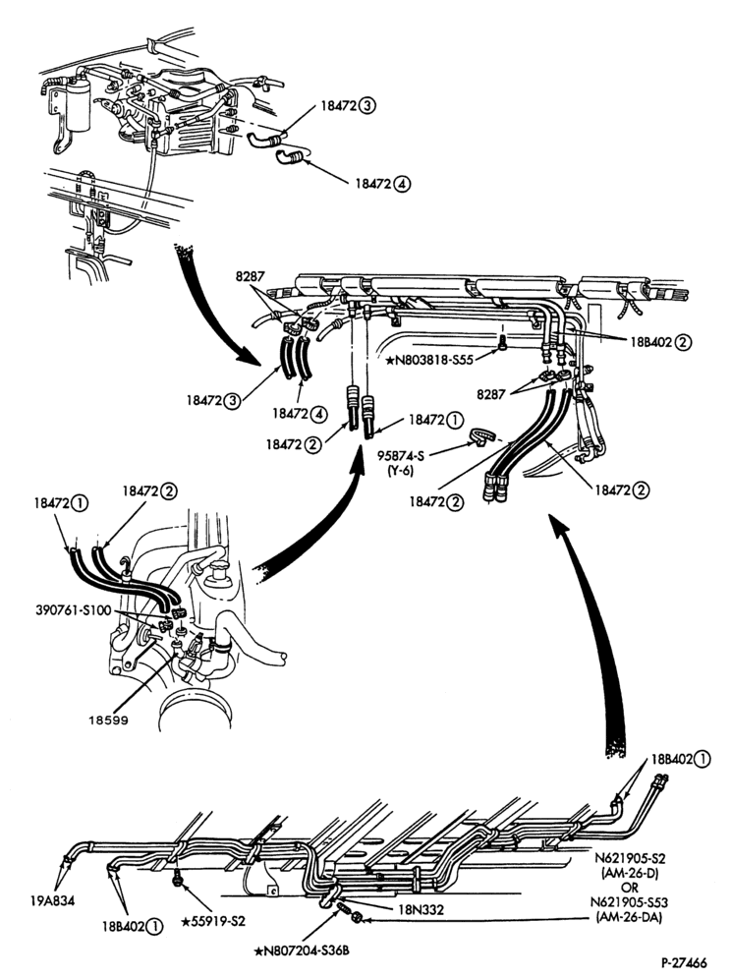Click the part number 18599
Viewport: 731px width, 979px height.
coord(108,720)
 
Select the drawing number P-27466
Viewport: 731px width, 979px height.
coord(685,963)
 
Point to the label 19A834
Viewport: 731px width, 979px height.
coord(52,901)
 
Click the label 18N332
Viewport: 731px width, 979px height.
coord(421,909)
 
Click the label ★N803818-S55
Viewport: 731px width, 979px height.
coord(432,361)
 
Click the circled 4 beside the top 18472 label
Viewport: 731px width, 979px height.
coord(403,184)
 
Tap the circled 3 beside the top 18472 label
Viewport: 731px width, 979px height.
coord(367,105)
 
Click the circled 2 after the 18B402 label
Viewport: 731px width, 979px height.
coord(684,341)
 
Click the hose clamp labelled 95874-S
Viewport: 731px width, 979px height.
coord(479,435)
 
